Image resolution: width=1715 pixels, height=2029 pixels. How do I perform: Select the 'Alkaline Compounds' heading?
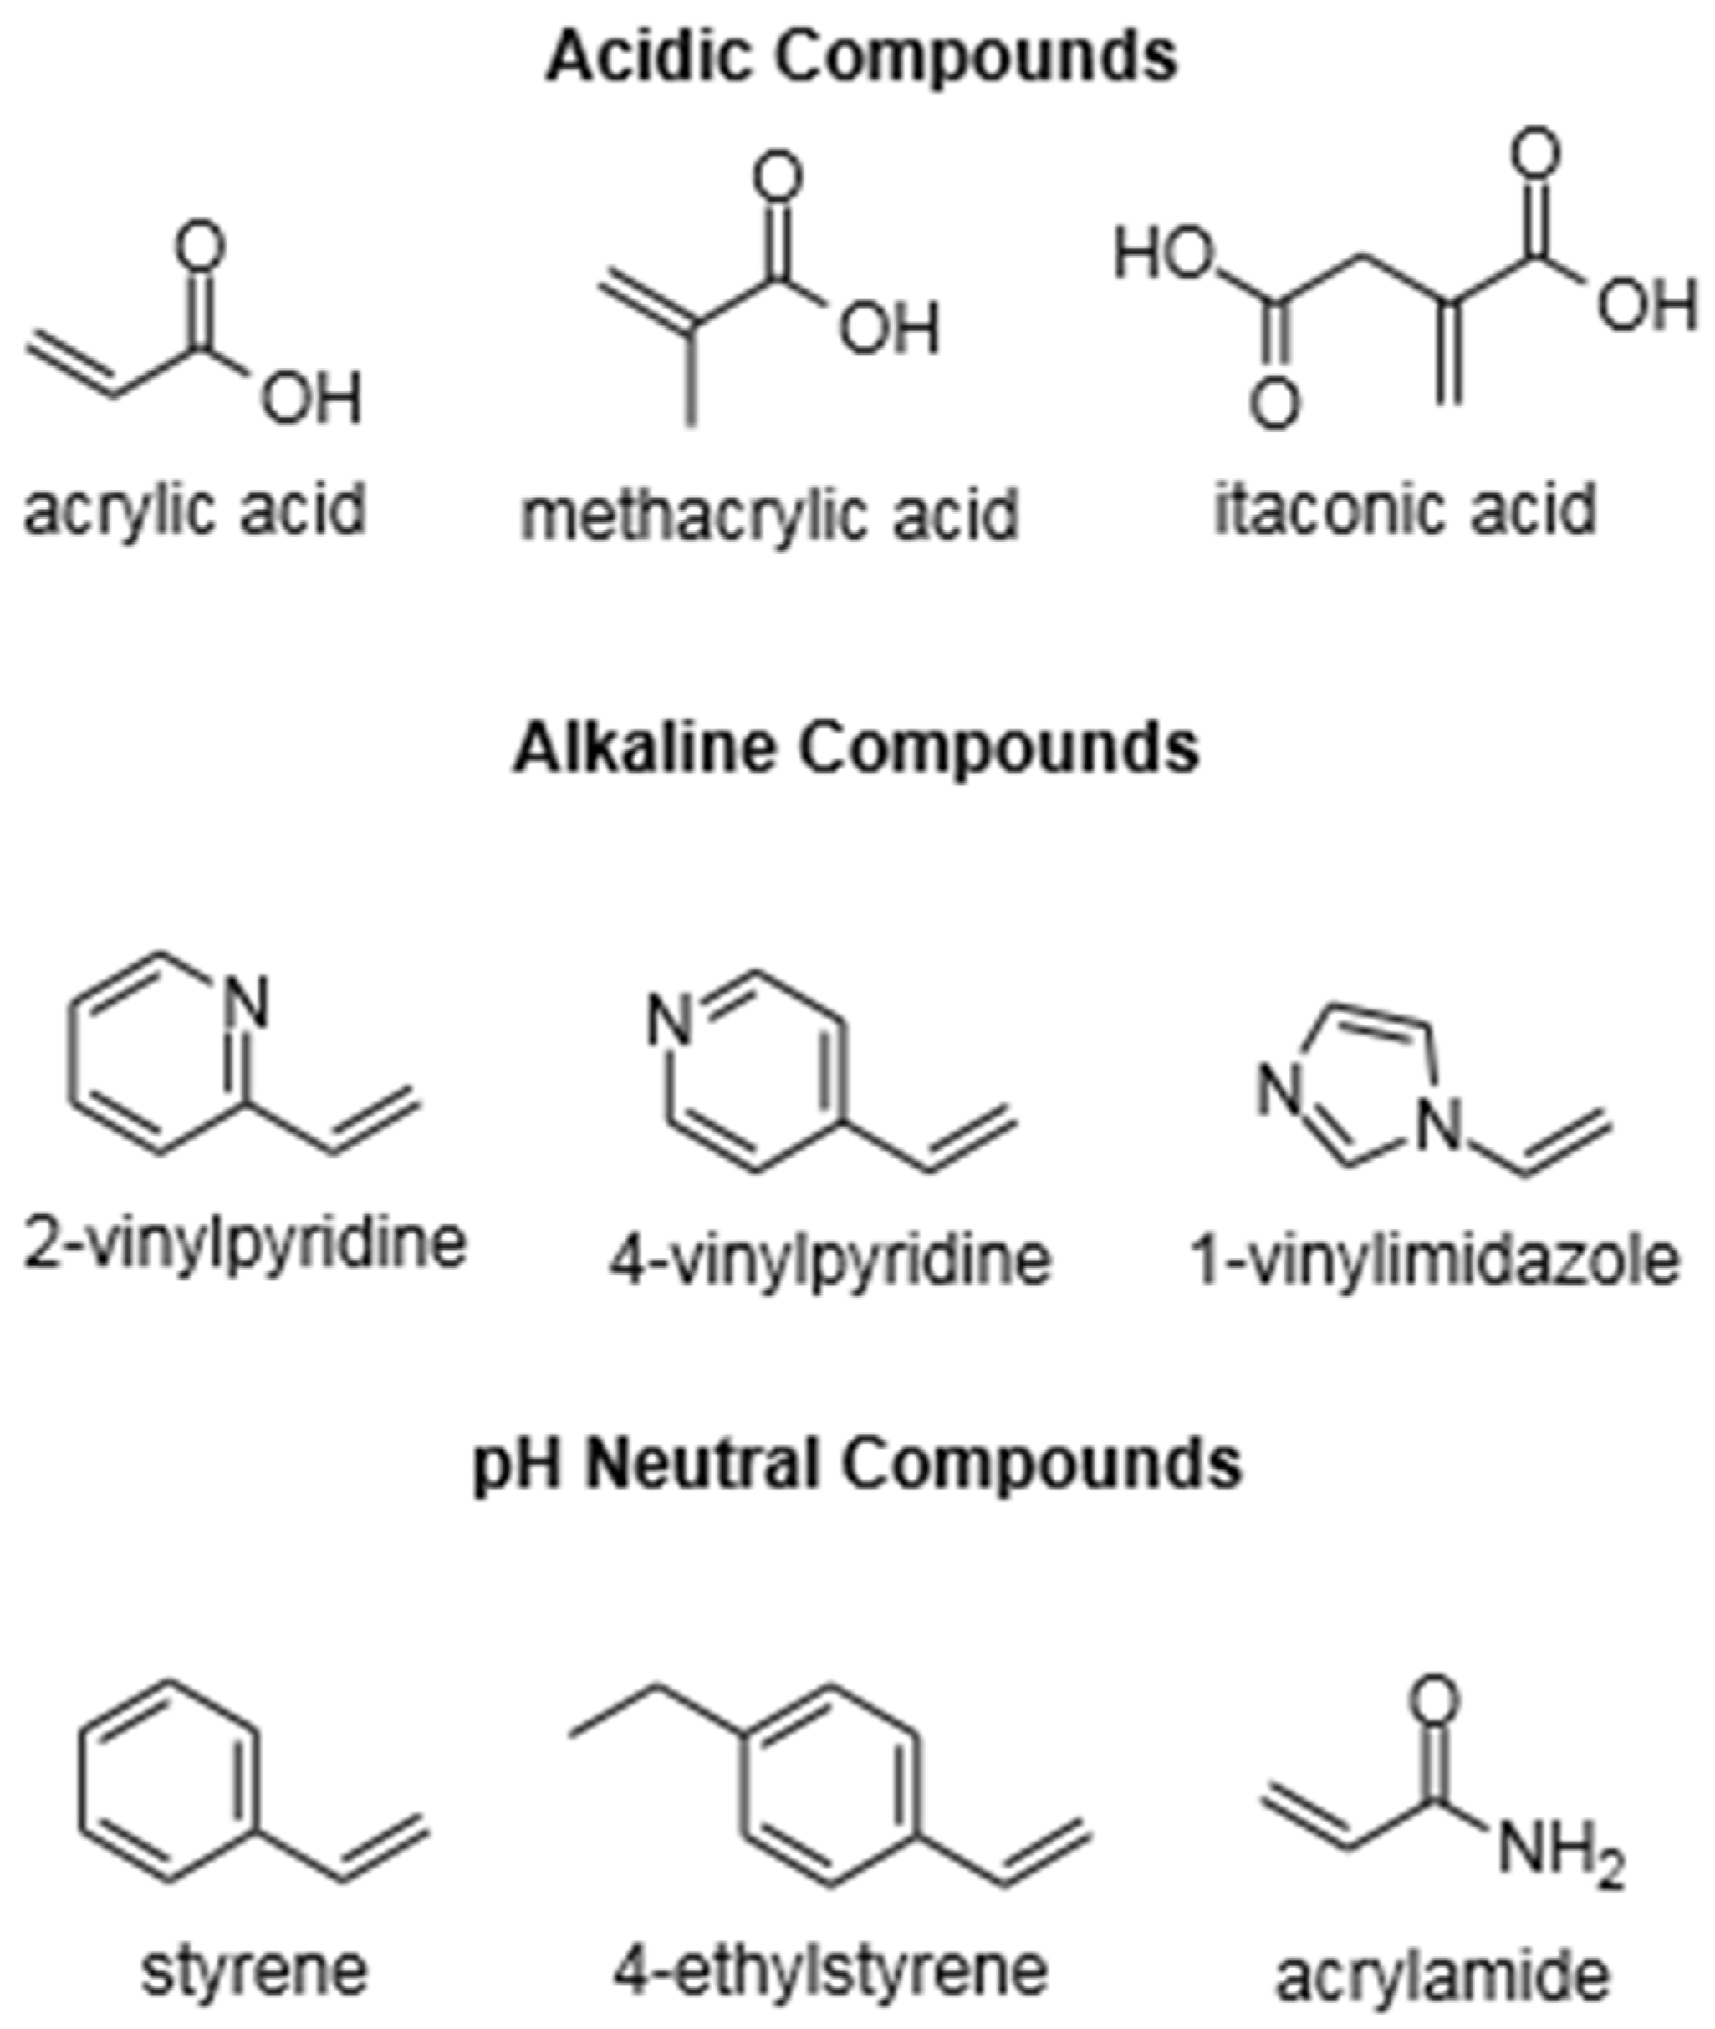(x=856, y=749)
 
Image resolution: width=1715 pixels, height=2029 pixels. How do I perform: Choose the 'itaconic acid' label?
(x=1406, y=508)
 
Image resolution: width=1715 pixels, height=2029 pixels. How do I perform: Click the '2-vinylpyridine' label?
(x=245, y=1243)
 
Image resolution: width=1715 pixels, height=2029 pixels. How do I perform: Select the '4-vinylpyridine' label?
(x=831, y=1260)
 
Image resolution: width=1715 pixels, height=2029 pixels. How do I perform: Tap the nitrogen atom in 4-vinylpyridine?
(x=671, y=1023)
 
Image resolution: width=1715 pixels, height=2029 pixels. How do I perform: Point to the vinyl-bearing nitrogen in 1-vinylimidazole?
(x=1439, y=1126)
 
